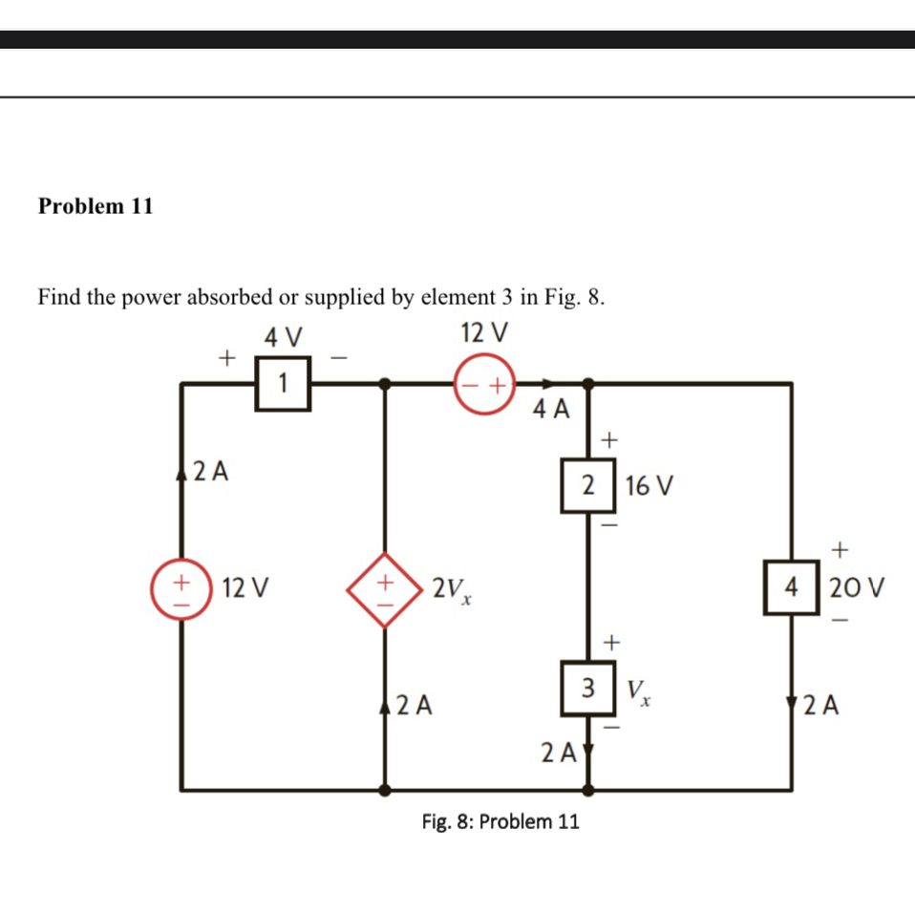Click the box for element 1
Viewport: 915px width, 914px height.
[x=283, y=383]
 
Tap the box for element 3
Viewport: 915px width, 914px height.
[x=589, y=687]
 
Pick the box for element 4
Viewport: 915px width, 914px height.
[x=790, y=587]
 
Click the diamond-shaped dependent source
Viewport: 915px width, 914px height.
[x=385, y=588]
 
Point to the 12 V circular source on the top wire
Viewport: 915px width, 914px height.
[x=484, y=386]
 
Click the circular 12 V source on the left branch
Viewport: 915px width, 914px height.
[x=181, y=586]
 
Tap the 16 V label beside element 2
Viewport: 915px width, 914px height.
[x=649, y=486]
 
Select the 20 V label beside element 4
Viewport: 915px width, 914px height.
[x=854, y=587]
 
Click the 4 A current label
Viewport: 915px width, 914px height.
[x=551, y=411]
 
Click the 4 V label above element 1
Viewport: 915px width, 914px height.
[x=283, y=337]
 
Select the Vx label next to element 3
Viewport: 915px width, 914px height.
[x=639, y=689]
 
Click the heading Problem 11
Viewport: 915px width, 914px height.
[x=96, y=206]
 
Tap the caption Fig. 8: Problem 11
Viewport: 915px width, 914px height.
[x=500, y=821]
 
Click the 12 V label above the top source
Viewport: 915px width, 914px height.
[x=484, y=333]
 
